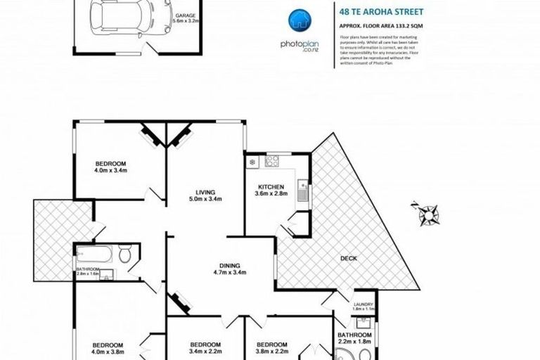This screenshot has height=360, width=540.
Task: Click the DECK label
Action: [349, 258]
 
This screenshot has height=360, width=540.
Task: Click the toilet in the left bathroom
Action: [125, 255]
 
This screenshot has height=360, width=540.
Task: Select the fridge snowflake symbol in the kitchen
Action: [252, 163]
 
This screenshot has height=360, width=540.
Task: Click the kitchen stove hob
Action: [271, 162]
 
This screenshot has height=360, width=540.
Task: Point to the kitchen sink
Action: [302, 188]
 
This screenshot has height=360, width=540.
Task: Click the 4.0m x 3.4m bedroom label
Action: [110, 165]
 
